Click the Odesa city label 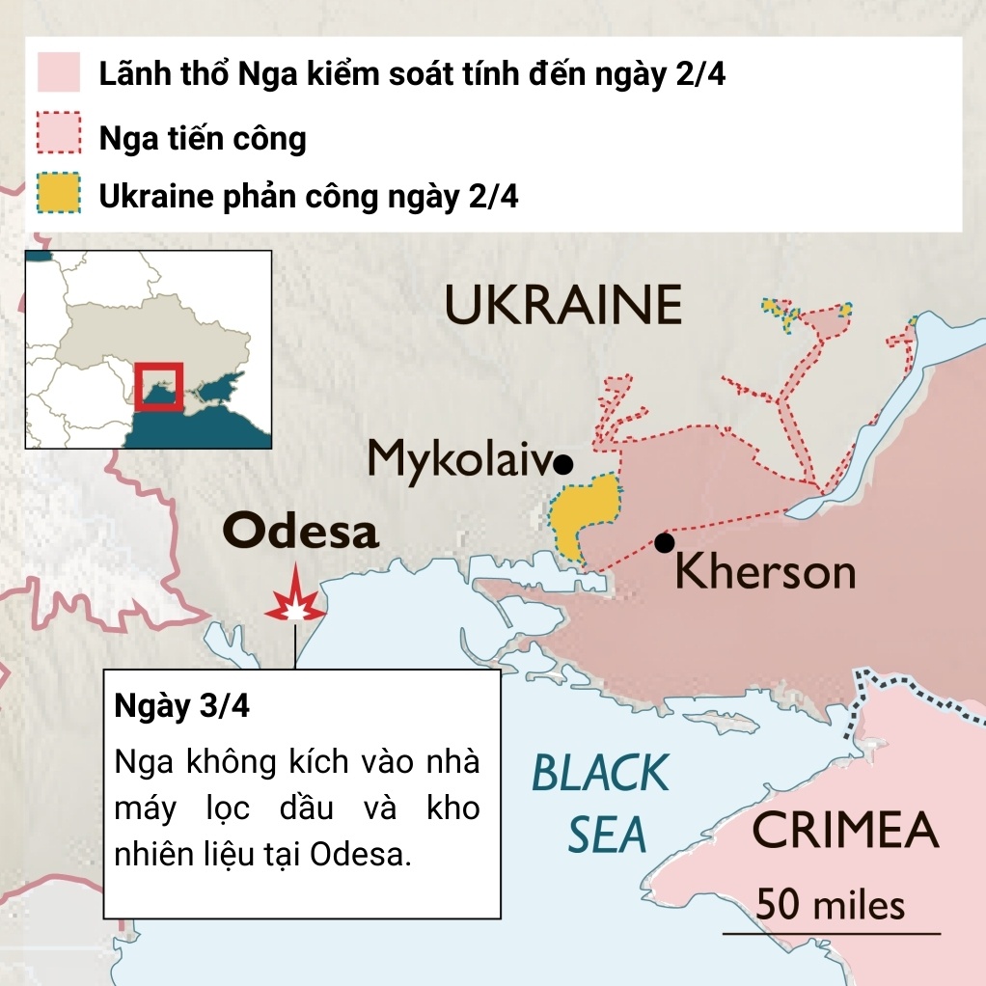coord(300,532)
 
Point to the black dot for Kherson coord(664,543)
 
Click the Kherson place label coord(765,572)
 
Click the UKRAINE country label coord(563,306)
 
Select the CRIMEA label coord(845,831)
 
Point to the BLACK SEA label coord(601,804)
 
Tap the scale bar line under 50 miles coord(831,934)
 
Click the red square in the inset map coord(157,387)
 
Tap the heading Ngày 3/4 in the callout coord(181,705)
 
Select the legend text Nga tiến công coord(203,138)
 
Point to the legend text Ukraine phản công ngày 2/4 coord(309,198)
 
